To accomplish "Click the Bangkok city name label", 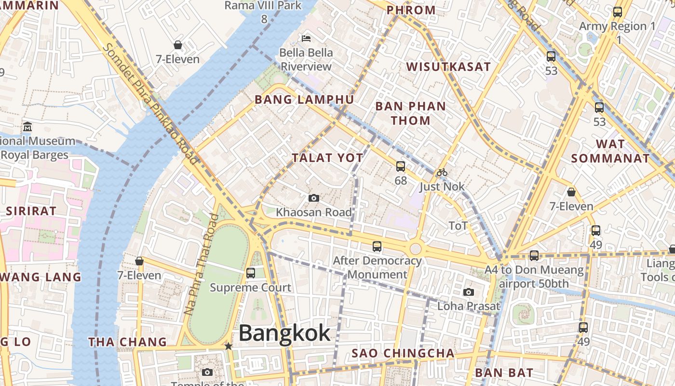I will point(284,333).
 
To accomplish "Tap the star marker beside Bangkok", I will point(229,346).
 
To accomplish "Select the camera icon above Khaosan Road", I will point(313,198).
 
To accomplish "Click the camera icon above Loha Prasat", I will point(468,292).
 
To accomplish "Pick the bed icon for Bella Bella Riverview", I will point(306,38).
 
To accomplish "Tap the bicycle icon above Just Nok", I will point(442,172).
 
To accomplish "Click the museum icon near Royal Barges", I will point(27,127).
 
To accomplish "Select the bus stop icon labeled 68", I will point(400,166).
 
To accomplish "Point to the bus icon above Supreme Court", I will point(250,273).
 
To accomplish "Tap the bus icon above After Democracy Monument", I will point(377,247).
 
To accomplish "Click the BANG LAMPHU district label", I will point(304,100).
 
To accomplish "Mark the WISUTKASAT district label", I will point(448,67).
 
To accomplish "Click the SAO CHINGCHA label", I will point(403,353).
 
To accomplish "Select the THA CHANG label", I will point(127,342).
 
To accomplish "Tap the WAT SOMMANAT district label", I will point(610,151).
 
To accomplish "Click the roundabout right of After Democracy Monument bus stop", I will point(416,249).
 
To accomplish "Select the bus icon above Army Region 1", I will point(618,12).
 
